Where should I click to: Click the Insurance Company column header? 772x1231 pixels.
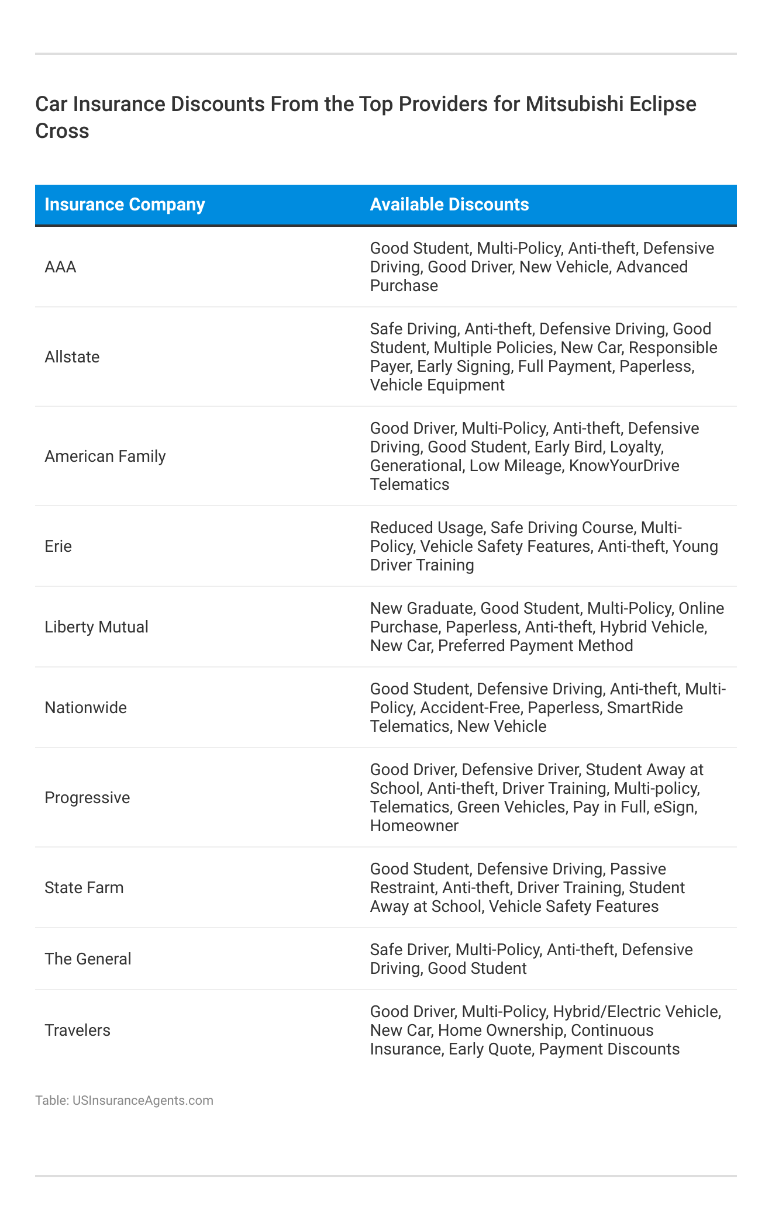coord(125,205)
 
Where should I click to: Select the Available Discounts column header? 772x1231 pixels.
coord(449,205)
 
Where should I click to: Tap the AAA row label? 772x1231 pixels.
coord(60,267)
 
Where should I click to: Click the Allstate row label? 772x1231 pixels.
coord(72,357)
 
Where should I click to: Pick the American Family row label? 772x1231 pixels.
coord(105,457)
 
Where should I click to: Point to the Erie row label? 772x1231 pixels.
coord(58,547)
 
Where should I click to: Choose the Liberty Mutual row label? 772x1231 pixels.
coord(96,627)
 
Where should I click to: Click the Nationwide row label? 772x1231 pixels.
coord(85,708)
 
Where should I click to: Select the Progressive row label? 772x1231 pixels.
coord(87,798)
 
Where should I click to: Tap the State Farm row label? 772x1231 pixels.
coord(84,888)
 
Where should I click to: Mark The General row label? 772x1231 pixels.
coord(88,959)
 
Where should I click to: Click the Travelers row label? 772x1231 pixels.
coord(77,1031)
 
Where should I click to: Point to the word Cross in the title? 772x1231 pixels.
coord(62,131)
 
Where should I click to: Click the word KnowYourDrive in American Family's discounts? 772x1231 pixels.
coord(624,466)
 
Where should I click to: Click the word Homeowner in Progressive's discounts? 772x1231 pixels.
coord(414,826)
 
